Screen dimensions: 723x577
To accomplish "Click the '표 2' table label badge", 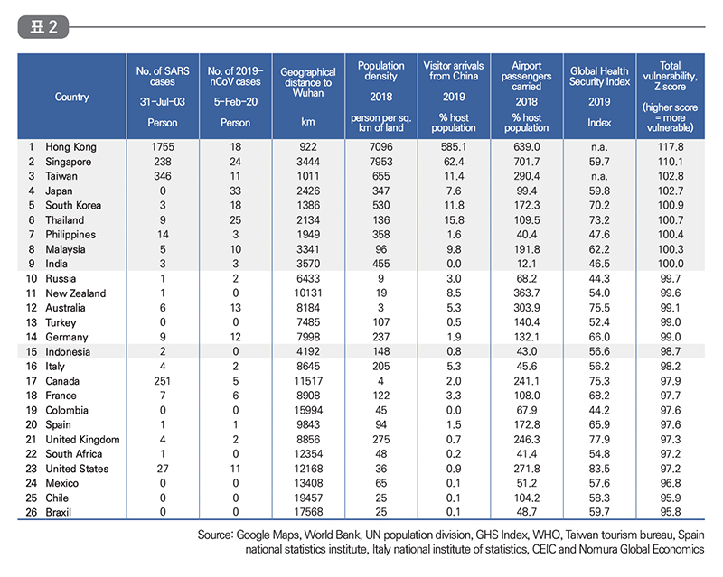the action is [43, 27].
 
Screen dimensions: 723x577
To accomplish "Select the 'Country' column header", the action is [72, 97].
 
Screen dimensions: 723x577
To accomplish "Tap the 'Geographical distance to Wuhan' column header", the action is [308, 82].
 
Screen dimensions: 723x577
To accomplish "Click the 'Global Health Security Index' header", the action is [599, 77].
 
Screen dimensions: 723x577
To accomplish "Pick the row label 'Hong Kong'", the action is [71, 147].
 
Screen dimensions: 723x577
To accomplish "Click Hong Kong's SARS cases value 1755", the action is [163, 147].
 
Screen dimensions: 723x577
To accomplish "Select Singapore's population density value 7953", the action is [380, 162].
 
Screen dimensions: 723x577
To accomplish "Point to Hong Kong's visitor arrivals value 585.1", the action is [454, 147].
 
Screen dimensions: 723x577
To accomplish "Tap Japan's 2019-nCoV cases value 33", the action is [236, 191].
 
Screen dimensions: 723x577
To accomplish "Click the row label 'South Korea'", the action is [73, 206].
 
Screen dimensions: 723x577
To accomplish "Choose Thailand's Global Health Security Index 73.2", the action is [599, 220].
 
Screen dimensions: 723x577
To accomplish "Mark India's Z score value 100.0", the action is [671, 264].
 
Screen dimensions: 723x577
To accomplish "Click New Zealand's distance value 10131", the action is [308, 293].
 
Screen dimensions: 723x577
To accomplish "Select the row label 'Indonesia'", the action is [68, 351].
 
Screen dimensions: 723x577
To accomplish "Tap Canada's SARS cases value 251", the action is [163, 381].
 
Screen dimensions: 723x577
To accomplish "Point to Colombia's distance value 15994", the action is [308, 410].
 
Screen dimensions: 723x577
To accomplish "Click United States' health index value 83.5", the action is [599, 469].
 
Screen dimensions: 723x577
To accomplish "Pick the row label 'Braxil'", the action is [59, 512].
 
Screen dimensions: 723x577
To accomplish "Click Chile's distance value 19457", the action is [308, 498].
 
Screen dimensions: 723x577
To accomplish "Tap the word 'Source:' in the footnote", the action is [215, 535].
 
